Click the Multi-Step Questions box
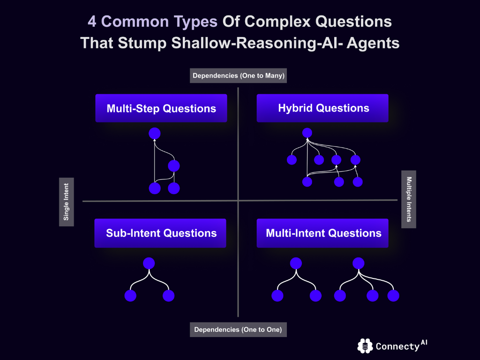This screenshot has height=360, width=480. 161,108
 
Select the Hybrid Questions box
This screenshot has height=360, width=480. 323,108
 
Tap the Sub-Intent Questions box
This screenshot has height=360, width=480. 161,233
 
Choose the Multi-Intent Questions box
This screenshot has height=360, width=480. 323,233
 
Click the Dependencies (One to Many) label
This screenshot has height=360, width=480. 238,75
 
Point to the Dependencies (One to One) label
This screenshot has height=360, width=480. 238,330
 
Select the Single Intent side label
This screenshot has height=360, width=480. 66,202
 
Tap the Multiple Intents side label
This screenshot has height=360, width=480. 409,199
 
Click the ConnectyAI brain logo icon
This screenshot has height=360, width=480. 365,346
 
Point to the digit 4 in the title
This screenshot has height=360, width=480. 93,22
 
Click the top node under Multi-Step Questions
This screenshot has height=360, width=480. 155,134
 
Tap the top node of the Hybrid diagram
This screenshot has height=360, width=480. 307,133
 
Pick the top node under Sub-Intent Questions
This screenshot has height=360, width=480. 149,263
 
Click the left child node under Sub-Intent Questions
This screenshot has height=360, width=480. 130,296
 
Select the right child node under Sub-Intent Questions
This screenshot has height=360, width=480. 168,296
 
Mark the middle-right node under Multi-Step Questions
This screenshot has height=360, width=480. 174,166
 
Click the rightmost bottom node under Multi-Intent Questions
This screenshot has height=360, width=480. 393,296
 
